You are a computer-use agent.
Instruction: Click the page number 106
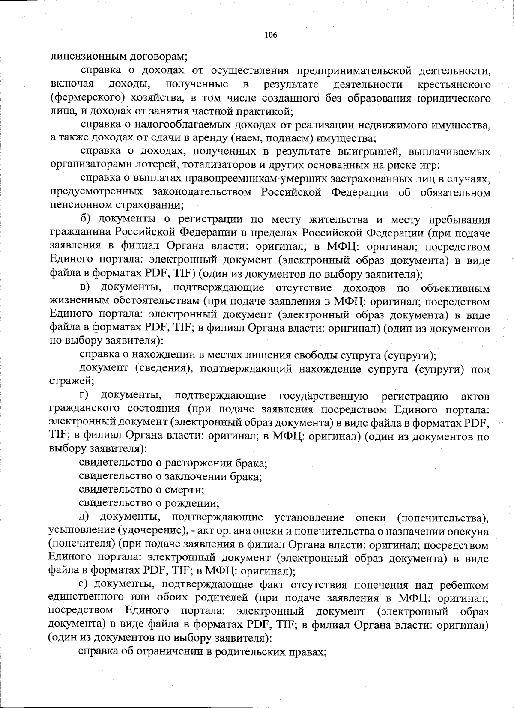coord(271,35)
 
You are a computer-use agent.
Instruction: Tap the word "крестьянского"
coord(454,84)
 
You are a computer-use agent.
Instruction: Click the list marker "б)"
coord(87,220)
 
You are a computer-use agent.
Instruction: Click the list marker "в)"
coord(87,288)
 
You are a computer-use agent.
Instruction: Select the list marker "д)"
coord(87,518)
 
